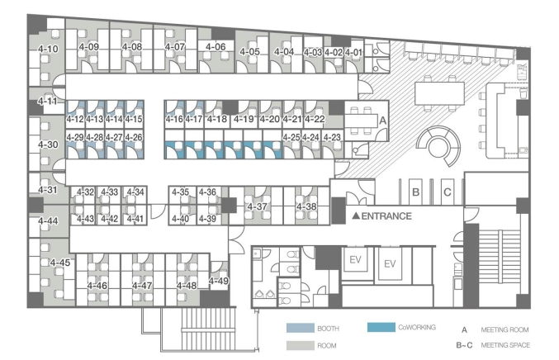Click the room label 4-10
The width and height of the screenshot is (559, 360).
click(x=48, y=49)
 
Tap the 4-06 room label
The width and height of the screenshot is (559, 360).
click(x=216, y=47)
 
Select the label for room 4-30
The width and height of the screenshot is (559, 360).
click(x=48, y=144)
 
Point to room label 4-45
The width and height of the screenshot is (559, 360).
click(x=60, y=263)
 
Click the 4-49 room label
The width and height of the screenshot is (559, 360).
click(x=219, y=281)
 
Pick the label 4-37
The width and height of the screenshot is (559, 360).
click(x=257, y=206)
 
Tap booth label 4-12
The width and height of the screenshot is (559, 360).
click(x=75, y=119)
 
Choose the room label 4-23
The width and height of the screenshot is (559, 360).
click(x=332, y=137)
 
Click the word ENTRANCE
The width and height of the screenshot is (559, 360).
click(x=386, y=216)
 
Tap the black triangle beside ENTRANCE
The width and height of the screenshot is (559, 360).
click(x=356, y=216)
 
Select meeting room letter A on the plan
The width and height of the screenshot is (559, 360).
click(x=383, y=121)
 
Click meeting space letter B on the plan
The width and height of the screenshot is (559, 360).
click(x=415, y=192)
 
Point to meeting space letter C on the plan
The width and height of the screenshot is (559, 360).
click(x=448, y=192)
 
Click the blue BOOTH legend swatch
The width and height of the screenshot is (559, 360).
click(x=301, y=328)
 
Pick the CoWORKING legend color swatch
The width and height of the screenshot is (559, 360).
click(x=381, y=327)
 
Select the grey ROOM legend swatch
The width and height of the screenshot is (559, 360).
click(x=301, y=345)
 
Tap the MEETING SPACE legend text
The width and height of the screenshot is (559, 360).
click(x=505, y=345)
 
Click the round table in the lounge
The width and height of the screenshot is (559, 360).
click(x=438, y=146)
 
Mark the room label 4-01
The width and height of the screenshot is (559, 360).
click(x=353, y=52)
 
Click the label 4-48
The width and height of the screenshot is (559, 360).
click(x=187, y=286)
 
